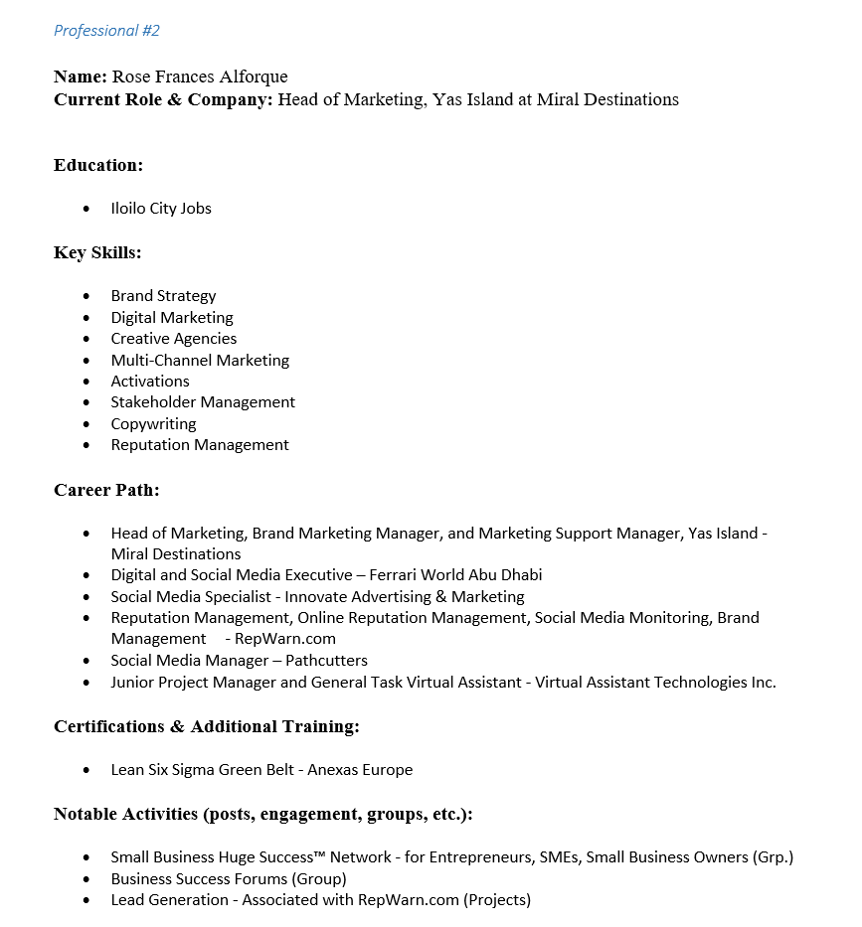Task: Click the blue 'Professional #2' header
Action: [106, 31]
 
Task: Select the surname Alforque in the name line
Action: [253, 77]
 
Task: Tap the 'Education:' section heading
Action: [98, 165]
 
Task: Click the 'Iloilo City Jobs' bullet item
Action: [161, 209]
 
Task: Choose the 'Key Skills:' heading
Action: [97, 252]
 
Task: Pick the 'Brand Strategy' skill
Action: [163, 296]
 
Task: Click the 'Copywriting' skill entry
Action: [153, 424]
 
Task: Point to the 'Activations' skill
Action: [150, 382]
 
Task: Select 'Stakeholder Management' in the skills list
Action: [203, 402]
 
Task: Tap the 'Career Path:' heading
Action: [106, 490]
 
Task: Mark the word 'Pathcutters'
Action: [326, 661]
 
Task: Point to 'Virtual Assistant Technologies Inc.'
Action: [655, 683]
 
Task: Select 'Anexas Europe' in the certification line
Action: [365, 770]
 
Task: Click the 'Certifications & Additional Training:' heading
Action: [207, 726]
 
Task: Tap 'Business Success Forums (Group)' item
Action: [229, 879]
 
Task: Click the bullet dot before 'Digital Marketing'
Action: [87, 318]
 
